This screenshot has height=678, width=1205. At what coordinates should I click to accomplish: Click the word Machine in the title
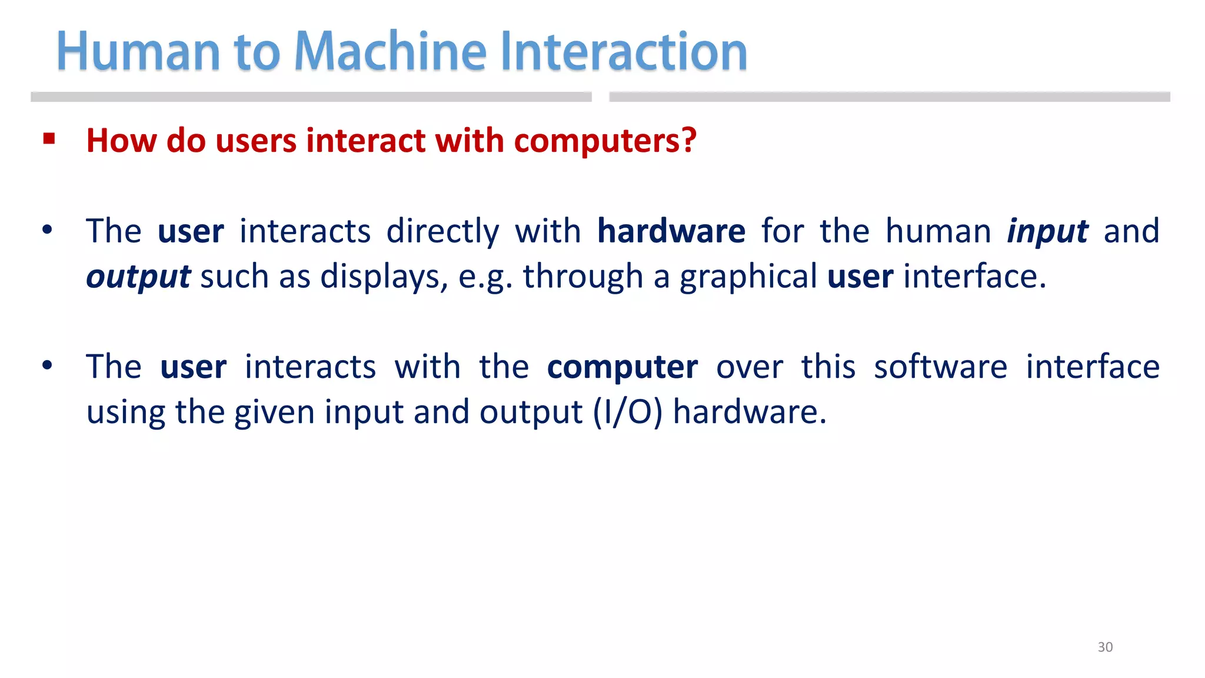coord(390,52)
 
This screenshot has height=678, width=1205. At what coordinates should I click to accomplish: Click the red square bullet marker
coord(49,139)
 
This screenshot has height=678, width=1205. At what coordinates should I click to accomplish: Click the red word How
coord(121,141)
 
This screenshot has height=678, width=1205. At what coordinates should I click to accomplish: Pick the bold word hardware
coord(671,231)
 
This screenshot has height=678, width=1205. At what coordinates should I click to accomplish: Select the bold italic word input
coord(1047,232)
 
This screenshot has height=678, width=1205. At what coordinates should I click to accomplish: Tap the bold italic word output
coord(138,277)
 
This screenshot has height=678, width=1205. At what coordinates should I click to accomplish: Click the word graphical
coord(748,277)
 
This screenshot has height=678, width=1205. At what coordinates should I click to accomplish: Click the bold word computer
coord(623,368)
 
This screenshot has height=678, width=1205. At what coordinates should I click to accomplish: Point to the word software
coord(940,367)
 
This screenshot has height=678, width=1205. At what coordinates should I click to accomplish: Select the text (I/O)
coord(627,412)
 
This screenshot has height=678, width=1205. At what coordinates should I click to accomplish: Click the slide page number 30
coord(1105,647)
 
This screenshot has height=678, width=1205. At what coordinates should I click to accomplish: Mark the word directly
coord(442,231)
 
